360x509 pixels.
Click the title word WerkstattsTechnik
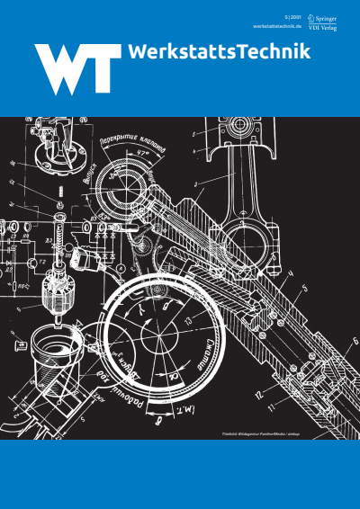(220, 53)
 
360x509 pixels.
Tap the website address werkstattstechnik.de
(275, 26)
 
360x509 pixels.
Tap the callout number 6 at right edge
(354, 340)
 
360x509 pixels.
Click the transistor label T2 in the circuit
(30, 261)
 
